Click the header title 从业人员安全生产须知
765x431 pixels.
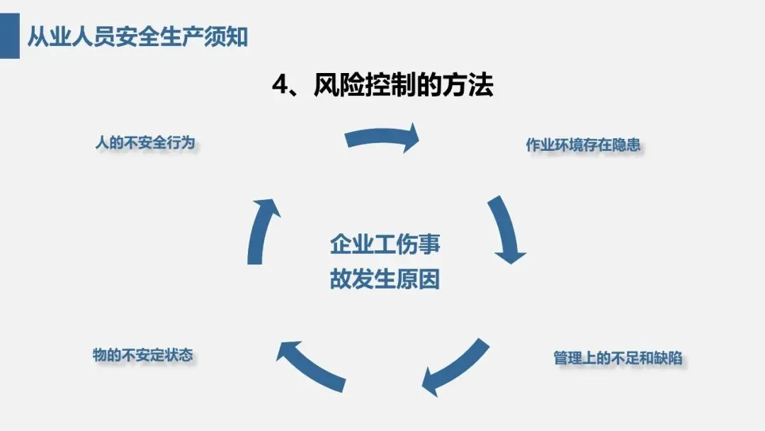click(x=138, y=36)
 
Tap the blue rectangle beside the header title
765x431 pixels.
click(x=9, y=35)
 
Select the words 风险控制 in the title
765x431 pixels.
click(x=357, y=86)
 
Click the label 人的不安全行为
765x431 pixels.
click(x=144, y=142)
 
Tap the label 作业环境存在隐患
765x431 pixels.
click(x=583, y=145)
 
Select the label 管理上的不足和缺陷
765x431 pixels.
click(x=618, y=357)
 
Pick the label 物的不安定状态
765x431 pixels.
click(x=142, y=354)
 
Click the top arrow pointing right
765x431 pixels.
click(x=382, y=138)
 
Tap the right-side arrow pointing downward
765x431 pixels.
click(x=506, y=231)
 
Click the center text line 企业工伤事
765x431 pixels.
click(x=385, y=245)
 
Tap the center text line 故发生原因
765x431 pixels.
click(x=385, y=279)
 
